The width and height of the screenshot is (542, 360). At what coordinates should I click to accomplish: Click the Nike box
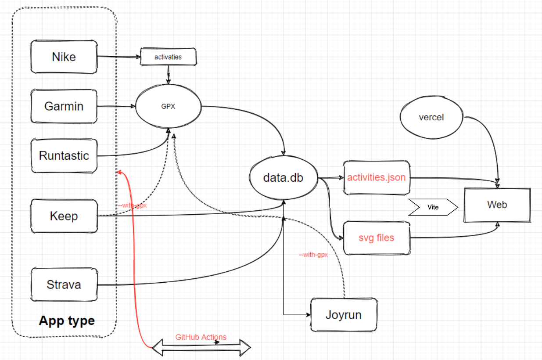coord(64,57)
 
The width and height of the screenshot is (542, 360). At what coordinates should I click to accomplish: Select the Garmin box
coord(64,106)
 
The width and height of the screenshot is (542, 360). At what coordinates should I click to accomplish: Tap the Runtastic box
coord(64,156)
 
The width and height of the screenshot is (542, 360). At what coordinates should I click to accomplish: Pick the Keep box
coord(64,216)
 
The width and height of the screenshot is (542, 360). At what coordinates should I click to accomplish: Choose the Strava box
coord(64,284)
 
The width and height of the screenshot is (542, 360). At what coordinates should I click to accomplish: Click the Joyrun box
coord(344,315)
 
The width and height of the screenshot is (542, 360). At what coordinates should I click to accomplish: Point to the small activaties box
coord(168,57)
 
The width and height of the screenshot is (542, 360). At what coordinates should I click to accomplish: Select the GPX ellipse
coord(168,106)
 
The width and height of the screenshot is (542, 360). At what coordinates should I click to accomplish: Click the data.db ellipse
coord(284,178)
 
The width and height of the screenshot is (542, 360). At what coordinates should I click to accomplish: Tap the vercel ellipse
coord(431,117)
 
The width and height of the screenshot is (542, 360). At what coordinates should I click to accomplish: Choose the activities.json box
coord(377,178)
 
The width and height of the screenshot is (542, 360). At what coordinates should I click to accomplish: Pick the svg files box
coord(377,238)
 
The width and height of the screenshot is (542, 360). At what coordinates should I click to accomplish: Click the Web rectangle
coord(497,205)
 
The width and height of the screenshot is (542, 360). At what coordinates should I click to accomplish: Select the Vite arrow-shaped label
coord(433,207)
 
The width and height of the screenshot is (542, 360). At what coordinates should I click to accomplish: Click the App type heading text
coord(67,320)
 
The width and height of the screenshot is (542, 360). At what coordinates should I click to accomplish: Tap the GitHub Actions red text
coord(201,337)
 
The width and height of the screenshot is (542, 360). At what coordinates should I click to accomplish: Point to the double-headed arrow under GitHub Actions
coord(201,348)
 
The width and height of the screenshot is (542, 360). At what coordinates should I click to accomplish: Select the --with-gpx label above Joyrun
coord(313,255)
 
